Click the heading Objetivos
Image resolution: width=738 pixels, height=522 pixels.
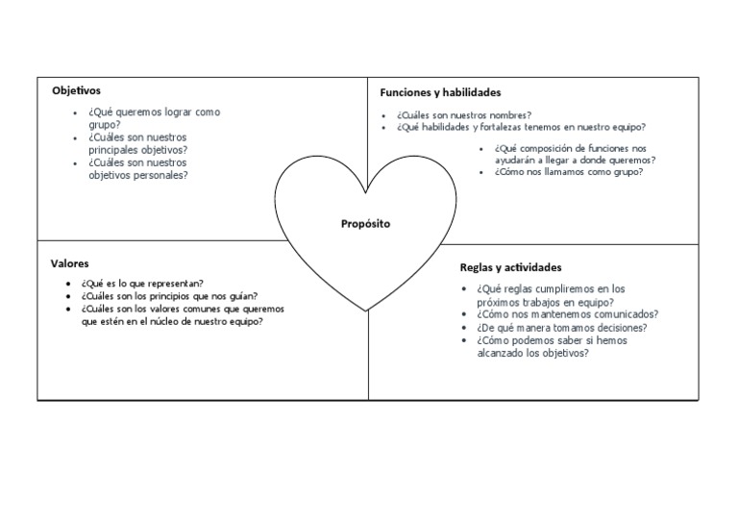[76, 90]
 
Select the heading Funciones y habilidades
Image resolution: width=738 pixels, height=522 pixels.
[440, 92]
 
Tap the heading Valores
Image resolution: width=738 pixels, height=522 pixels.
[69, 262]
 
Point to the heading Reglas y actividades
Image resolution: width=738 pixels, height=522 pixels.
[510, 267]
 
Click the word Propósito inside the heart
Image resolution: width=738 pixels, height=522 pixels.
[366, 223]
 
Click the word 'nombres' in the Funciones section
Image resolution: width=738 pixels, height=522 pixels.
[507, 114]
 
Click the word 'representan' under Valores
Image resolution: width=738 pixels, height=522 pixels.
[171, 284]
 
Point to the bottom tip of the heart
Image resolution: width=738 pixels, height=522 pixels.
[366, 311]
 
